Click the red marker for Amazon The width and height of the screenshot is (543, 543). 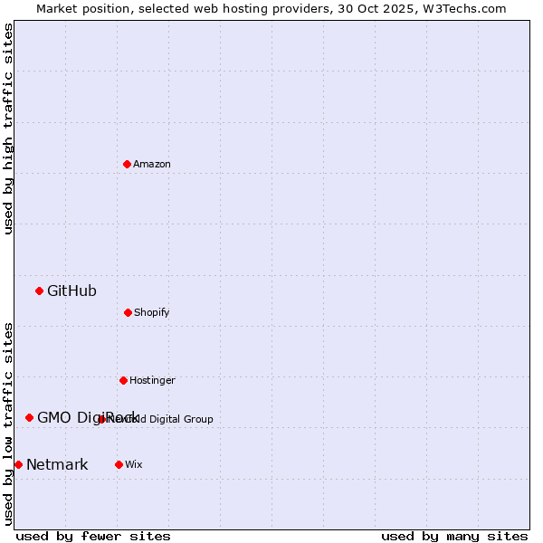(x=127, y=164)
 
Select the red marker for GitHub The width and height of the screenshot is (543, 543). (x=39, y=291)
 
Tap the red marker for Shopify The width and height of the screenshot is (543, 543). (x=128, y=312)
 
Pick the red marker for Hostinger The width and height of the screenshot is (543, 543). (x=123, y=380)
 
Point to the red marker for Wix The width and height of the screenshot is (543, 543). (x=119, y=464)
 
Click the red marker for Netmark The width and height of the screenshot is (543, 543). (x=18, y=464)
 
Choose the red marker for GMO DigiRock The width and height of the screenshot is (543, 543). (x=29, y=417)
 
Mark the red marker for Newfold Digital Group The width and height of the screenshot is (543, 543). (x=101, y=419)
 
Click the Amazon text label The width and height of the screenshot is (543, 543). (x=152, y=164)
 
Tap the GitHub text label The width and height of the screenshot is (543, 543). (x=71, y=291)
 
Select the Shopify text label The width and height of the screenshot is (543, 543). (x=152, y=312)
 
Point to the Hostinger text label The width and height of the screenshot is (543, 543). (x=152, y=380)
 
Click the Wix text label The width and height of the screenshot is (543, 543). (x=134, y=464)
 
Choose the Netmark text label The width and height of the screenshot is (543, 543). (x=57, y=464)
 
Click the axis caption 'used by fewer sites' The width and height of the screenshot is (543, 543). (x=93, y=536)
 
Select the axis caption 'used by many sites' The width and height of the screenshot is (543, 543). (x=454, y=536)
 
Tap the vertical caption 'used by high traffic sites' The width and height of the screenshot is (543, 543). (x=8, y=129)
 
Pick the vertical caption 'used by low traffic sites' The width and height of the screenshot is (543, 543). (x=8, y=424)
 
